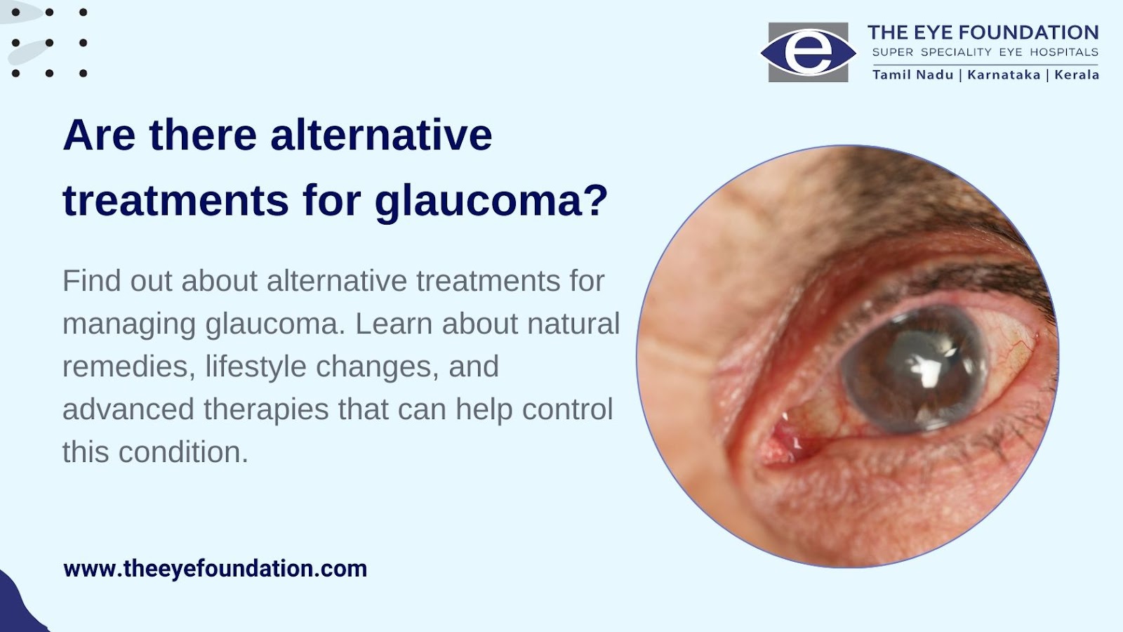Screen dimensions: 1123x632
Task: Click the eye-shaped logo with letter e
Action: (808, 52)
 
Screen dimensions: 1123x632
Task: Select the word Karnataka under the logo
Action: (1004, 74)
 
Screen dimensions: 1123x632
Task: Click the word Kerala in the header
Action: (1077, 74)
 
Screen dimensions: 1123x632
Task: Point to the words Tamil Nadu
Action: (912, 74)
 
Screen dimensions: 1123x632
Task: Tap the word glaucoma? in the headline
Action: (491, 202)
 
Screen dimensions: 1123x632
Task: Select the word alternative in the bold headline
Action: (382, 136)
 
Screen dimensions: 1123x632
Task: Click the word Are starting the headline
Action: (99, 136)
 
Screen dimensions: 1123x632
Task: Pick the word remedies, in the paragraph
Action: (129, 367)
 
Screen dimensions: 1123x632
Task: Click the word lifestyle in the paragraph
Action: (255, 367)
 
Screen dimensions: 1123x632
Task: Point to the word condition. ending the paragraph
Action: (183, 452)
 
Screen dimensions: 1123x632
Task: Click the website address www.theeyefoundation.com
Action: (215, 569)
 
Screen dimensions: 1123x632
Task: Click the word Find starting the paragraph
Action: (92, 281)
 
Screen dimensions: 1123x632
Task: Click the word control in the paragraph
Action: (568, 409)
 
